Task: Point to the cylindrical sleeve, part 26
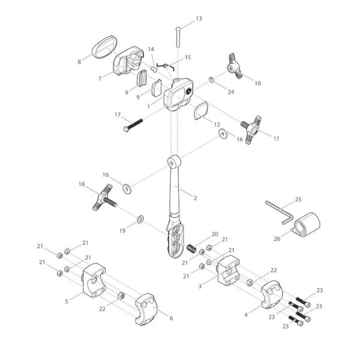click(x=308, y=227)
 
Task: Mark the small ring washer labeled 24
click(x=212, y=79)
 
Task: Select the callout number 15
click(x=187, y=58)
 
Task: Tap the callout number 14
click(x=151, y=49)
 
